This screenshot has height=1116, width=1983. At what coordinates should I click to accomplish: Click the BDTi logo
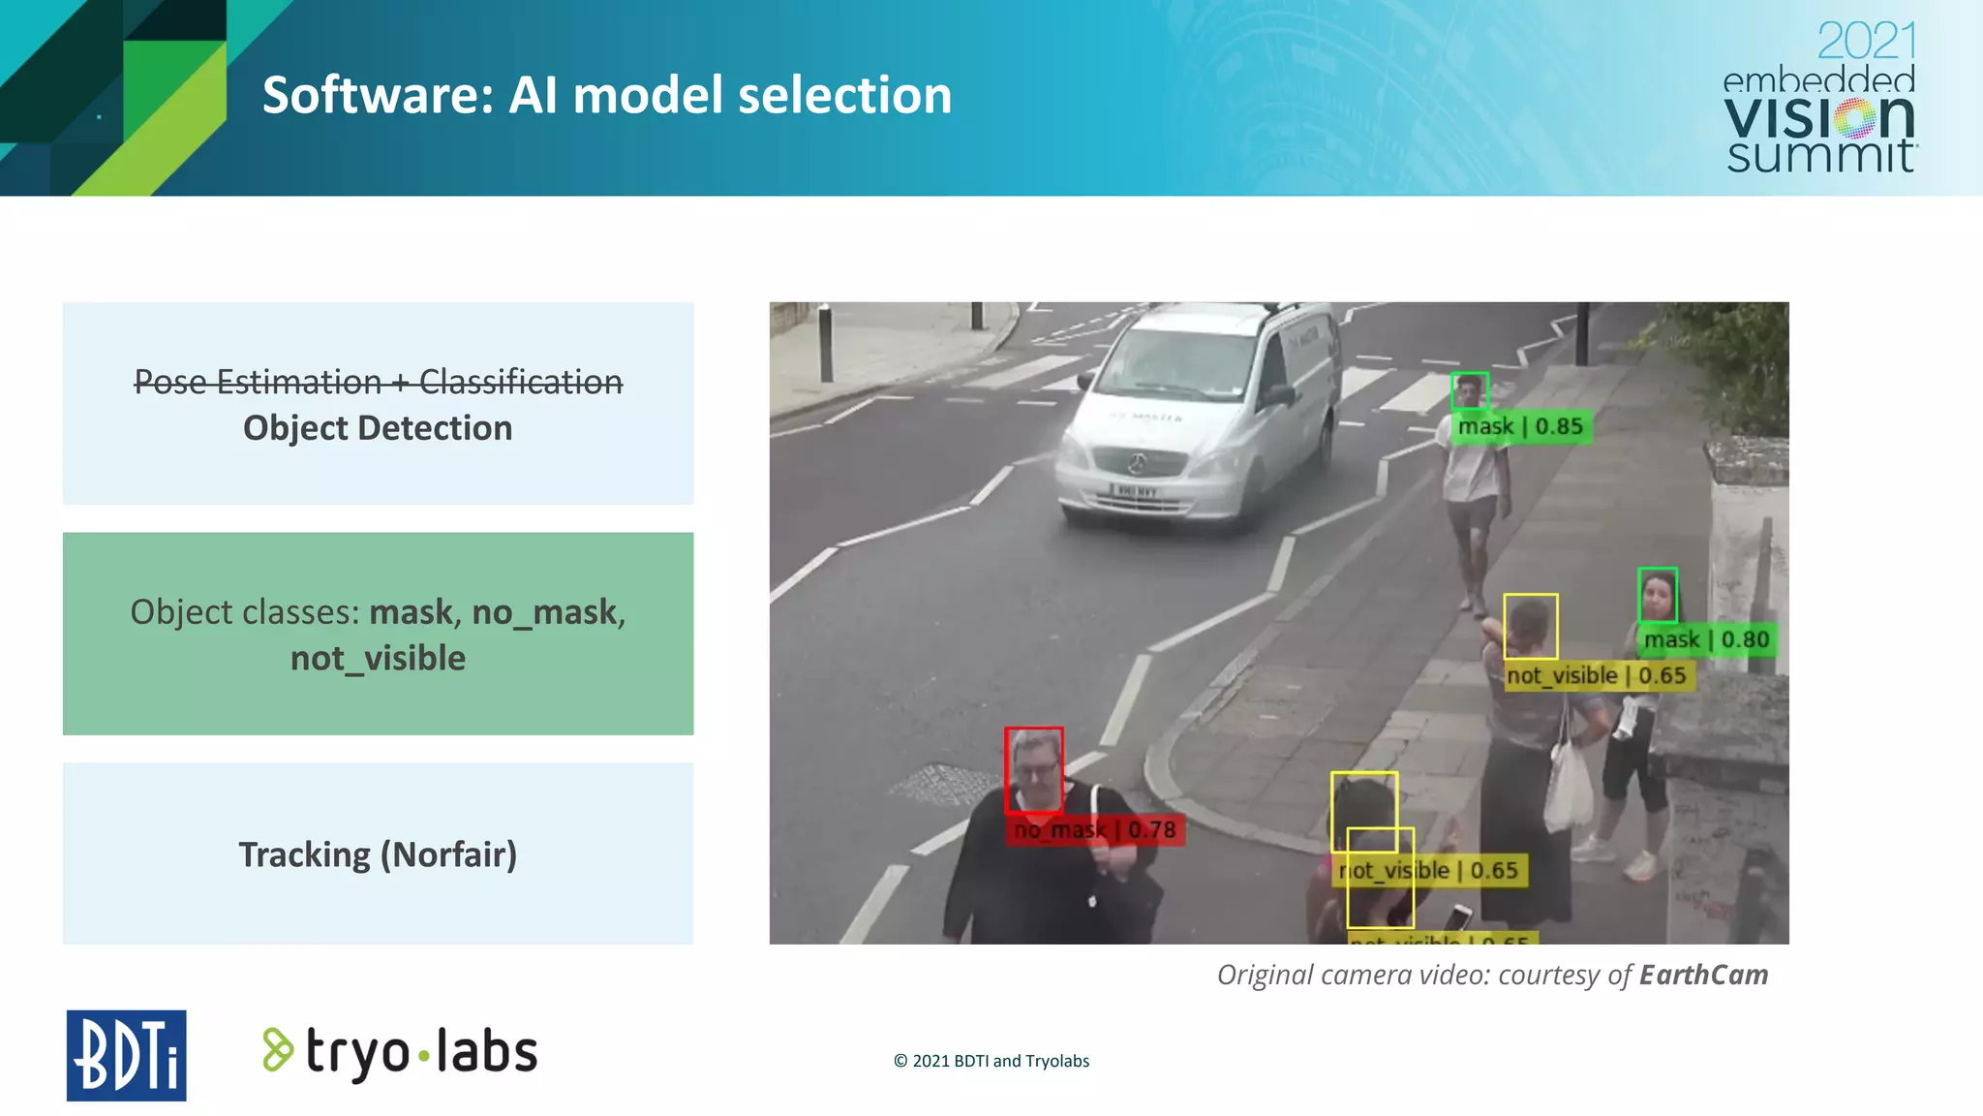pyautogui.click(x=126, y=1055)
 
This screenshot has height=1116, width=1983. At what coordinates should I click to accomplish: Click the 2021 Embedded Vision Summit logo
pyautogui.click(x=1819, y=98)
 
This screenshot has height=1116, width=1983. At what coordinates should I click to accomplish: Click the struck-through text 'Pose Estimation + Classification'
pyautogui.click(x=378, y=382)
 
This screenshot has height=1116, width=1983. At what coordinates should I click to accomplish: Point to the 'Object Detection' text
pyautogui.click(x=378, y=428)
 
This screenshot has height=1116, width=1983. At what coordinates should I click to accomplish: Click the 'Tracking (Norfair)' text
pyautogui.click(x=378, y=854)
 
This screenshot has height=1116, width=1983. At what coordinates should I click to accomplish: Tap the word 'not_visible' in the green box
pyautogui.click(x=378, y=659)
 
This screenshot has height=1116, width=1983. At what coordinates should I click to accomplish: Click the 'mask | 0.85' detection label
pyautogui.click(x=1520, y=426)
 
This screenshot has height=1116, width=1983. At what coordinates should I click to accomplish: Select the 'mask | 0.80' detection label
pyautogui.click(x=1706, y=639)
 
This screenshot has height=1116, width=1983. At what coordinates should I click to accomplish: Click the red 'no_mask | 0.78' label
pyautogui.click(x=1094, y=830)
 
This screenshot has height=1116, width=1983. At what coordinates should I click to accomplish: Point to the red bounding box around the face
pyautogui.click(x=1033, y=769)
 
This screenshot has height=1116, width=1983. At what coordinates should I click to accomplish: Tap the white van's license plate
pyautogui.click(x=1134, y=491)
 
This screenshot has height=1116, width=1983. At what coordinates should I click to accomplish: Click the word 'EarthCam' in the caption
pyautogui.click(x=1703, y=975)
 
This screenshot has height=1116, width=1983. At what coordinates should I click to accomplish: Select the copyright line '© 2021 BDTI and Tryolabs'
pyautogui.click(x=991, y=1061)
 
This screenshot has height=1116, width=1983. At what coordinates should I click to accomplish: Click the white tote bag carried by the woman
pyautogui.click(x=1568, y=785)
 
